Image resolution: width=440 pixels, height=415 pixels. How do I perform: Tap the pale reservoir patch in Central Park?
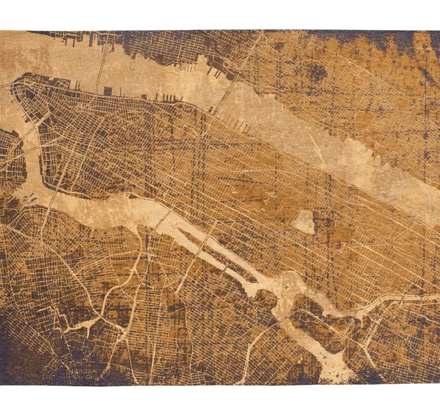[x=305, y=221]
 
